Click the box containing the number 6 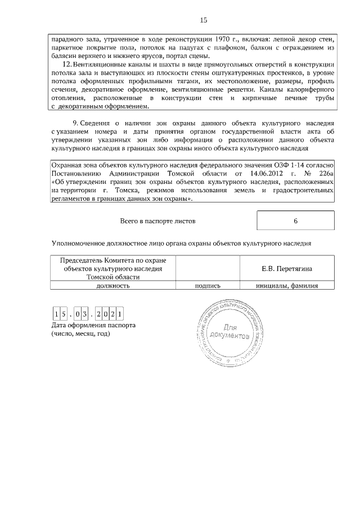(x=295, y=221)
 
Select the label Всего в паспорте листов (x=158, y=221)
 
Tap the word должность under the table (x=113, y=285)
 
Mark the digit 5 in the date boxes (x=65, y=313)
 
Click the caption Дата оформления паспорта (x=93, y=326)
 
